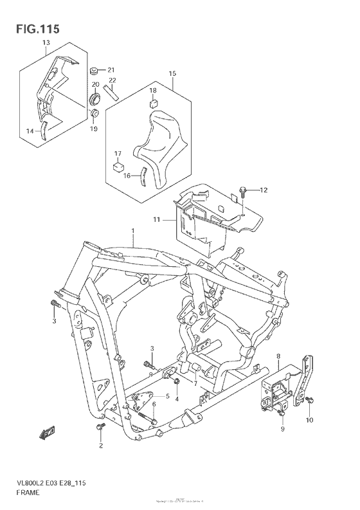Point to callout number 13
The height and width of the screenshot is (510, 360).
(x=46, y=43)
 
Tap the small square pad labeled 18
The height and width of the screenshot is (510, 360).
(x=154, y=104)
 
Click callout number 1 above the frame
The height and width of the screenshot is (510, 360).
(x=133, y=230)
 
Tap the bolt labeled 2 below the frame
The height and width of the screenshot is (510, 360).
(x=100, y=426)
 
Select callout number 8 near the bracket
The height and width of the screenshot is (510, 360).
(x=278, y=356)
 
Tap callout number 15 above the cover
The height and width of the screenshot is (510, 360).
(x=172, y=74)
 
